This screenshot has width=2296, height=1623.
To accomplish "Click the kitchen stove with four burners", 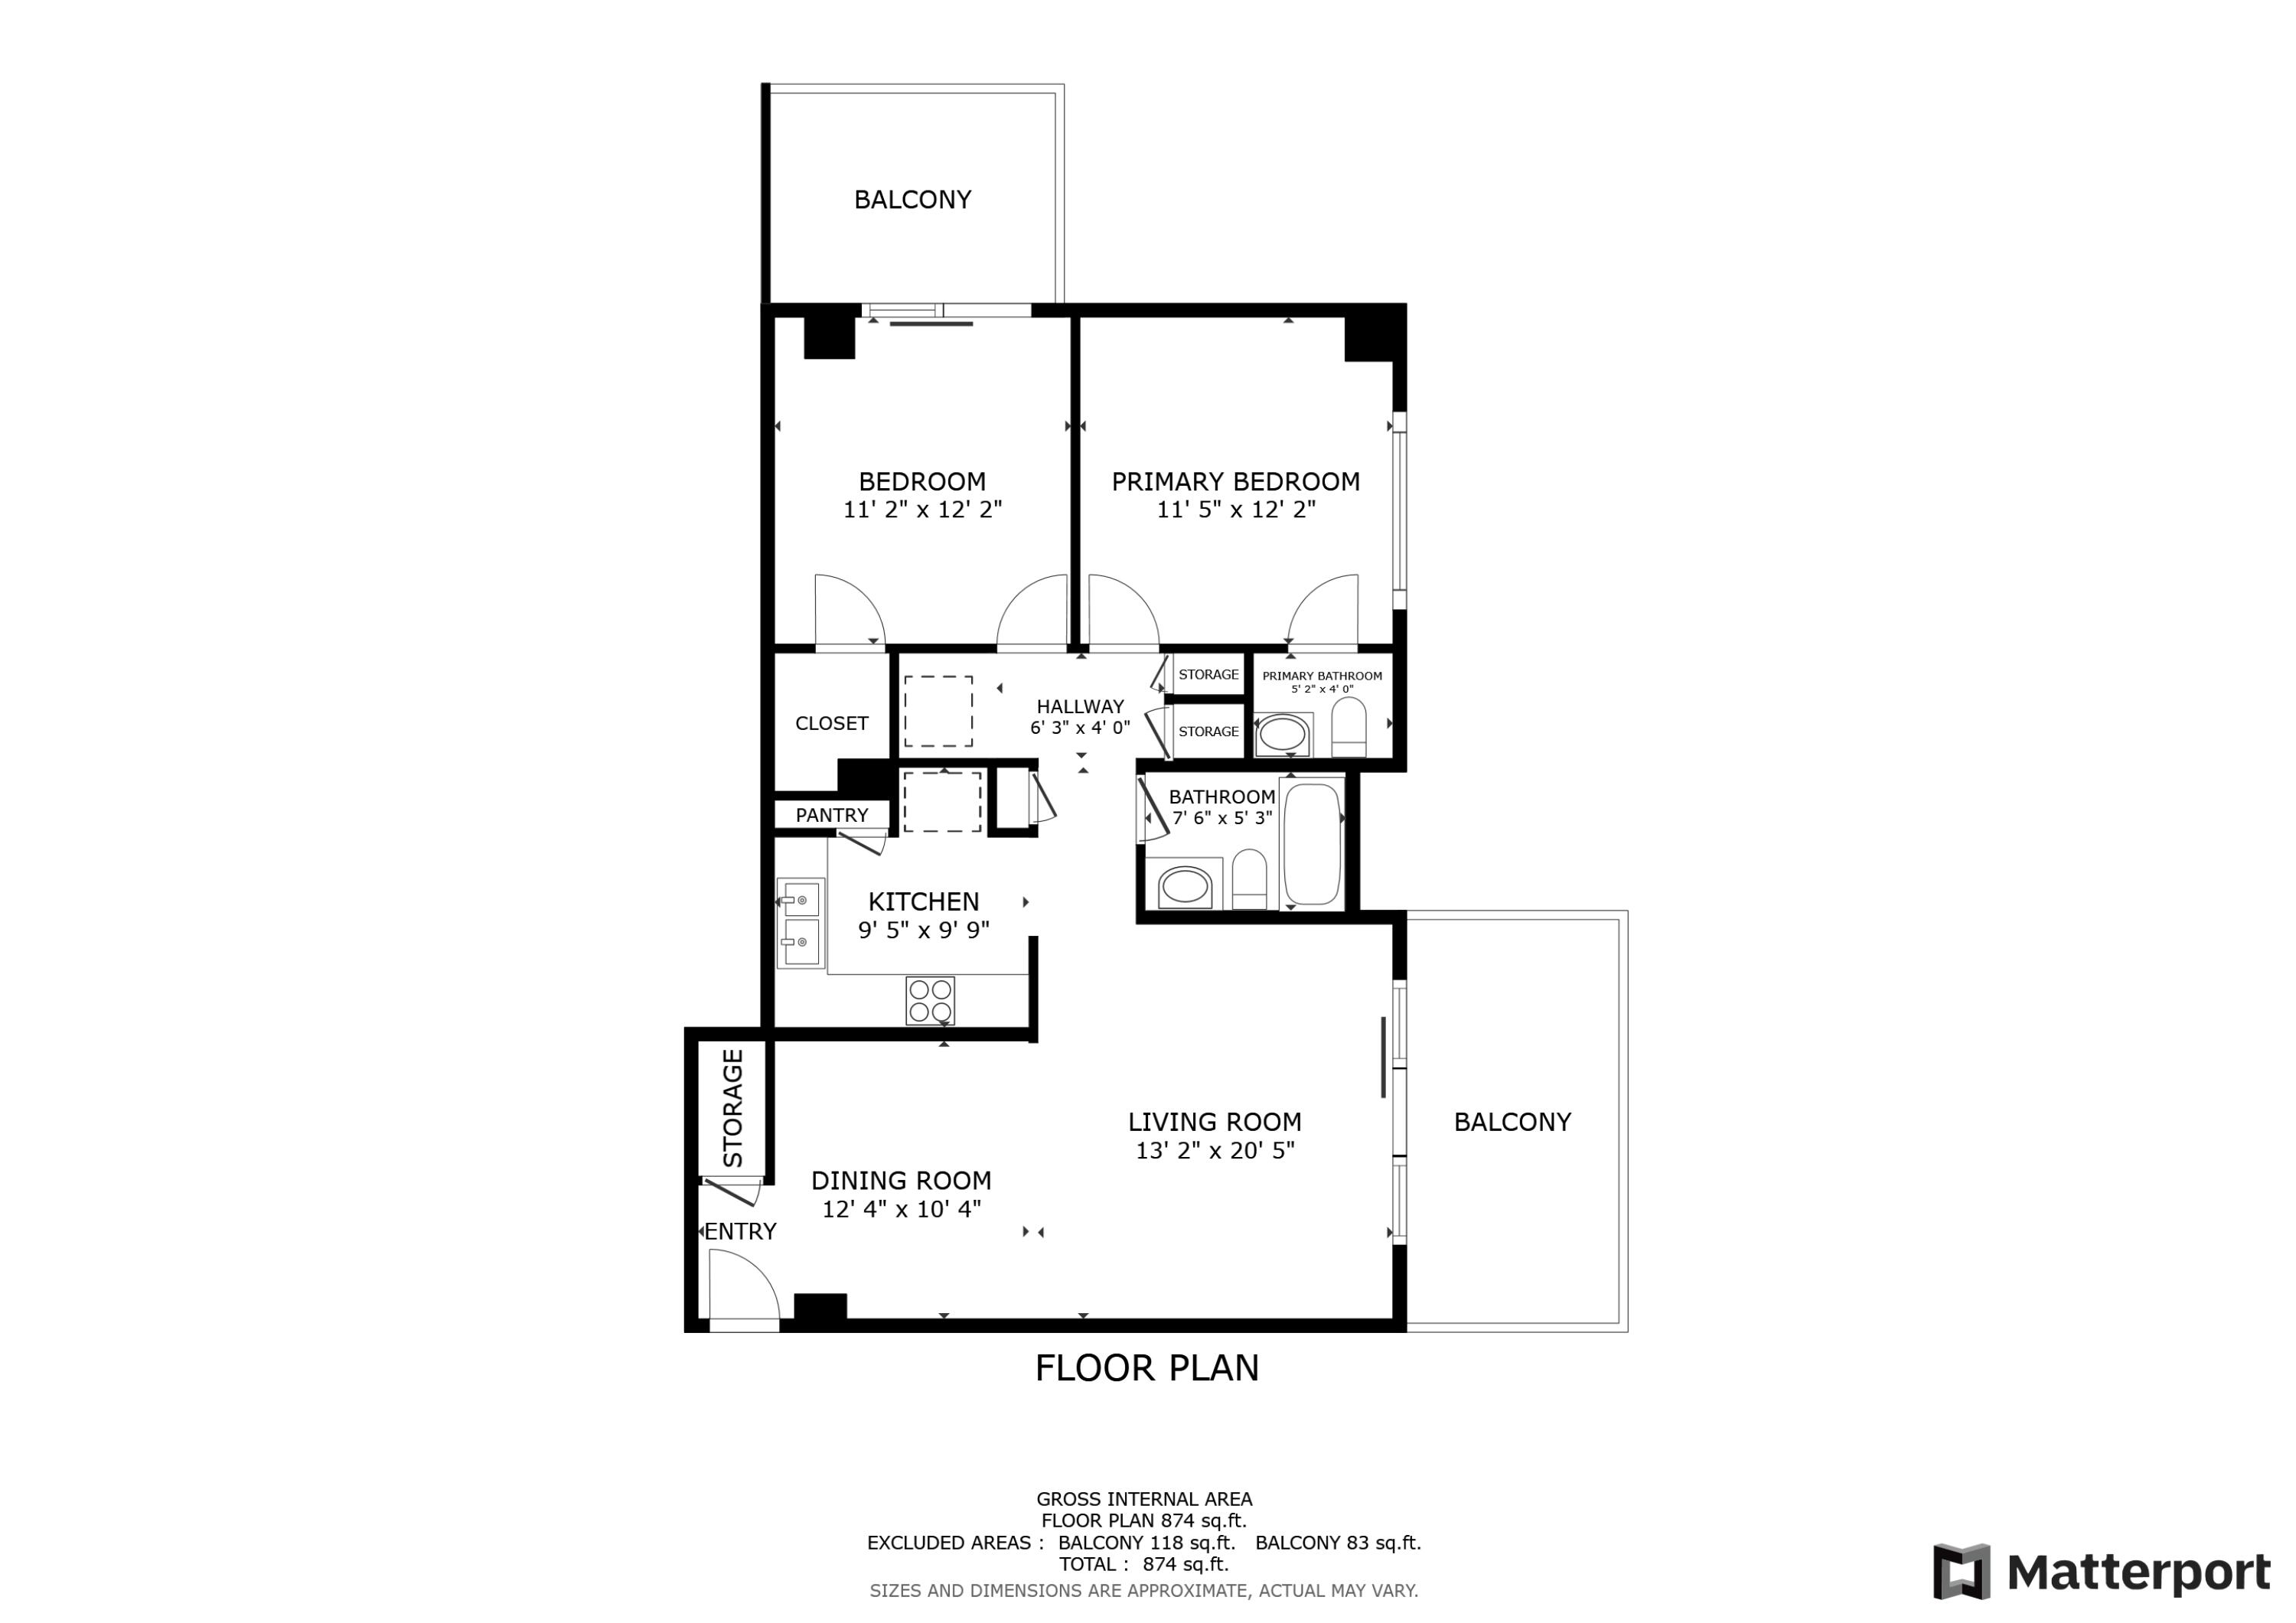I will coord(929,1000).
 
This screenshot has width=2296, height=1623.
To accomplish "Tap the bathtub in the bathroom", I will coord(1311,843).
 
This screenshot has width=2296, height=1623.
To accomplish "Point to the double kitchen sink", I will coord(801,922).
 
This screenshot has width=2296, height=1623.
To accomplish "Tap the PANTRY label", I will coord(831,815).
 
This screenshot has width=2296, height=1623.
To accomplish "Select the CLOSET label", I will coord(831,723).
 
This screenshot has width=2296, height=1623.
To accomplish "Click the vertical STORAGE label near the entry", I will coord(733,1108).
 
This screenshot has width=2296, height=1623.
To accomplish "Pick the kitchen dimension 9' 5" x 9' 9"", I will coord(923,930).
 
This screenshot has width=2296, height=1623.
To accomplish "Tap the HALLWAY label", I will coord(1079,706).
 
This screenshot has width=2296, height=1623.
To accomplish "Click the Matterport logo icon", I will coord(1961,1572).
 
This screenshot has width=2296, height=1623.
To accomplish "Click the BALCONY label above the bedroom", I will coord(912,200).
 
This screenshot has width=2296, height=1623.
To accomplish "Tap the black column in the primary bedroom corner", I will coord(1368,338).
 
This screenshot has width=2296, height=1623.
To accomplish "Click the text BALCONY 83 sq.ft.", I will coord(1337,1543).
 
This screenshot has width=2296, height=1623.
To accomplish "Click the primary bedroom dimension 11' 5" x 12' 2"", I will coord(1235,510).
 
